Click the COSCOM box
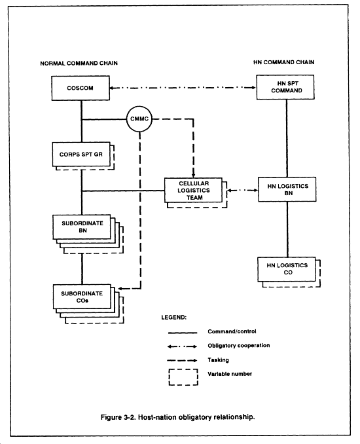pyautogui.click(x=81, y=88)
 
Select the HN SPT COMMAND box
pyautogui.click(x=285, y=87)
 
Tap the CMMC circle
pyautogui.click(x=139, y=119)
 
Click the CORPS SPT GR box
pyautogui.click(x=81, y=155)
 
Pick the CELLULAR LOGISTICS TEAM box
pyautogui.click(x=193, y=191)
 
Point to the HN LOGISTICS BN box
pyautogui.click(x=287, y=189)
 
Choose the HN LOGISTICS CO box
pyautogui.click(x=287, y=269)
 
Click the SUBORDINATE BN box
pyautogui.click(x=82, y=227)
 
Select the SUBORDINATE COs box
pyautogui.click(x=82, y=297)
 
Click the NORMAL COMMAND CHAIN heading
pyautogui.click(x=79, y=63)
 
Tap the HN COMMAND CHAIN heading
pyautogui.click(x=283, y=62)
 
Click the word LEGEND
pyautogui.click(x=173, y=318)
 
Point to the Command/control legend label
pyautogui.click(x=232, y=331)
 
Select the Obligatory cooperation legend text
pyautogui.click(x=239, y=346)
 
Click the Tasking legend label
pyautogui.click(x=218, y=360)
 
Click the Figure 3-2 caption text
pyautogui.click(x=178, y=417)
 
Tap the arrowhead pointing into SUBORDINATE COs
pyautogui.click(x=120, y=289)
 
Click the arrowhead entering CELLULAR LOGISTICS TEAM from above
pyautogui.click(x=193, y=175)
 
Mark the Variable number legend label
pyautogui.click(x=230, y=374)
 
